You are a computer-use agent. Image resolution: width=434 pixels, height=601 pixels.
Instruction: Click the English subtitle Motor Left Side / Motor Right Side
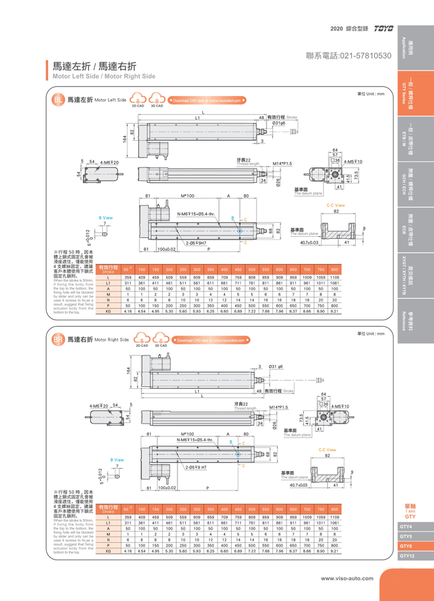(x=104, y=77)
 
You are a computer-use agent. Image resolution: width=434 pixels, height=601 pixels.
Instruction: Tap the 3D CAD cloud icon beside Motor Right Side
(x=160, y=341)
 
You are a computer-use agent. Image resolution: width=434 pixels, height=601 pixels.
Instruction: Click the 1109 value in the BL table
(x=335, y=277)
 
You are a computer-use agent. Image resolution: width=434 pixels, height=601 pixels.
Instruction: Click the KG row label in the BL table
(x=108, y=311)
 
